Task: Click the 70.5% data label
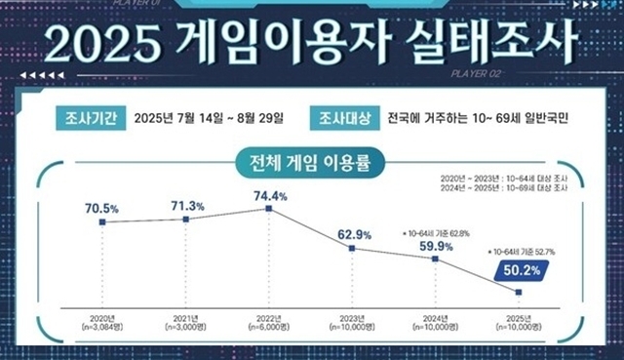(x=101, y=207)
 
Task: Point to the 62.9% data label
(x=353, y=233)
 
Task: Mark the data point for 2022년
(x=270, y=211)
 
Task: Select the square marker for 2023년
(x=353, y=249)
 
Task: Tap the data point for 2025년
(x=519, y=292)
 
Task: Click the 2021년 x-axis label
(x=185, y=319)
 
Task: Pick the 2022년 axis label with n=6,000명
(x=270, y=324)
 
